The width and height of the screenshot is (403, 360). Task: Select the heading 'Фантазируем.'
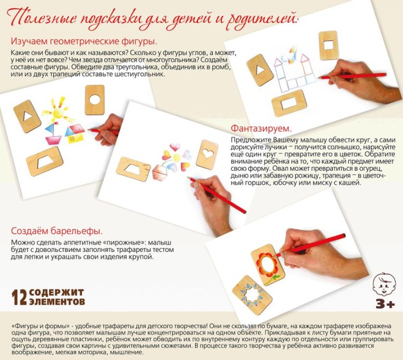[x=261, y=129]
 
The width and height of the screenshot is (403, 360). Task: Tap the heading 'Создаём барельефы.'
[x=56, y=232]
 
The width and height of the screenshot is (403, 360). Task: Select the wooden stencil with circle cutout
[x=95, y=100]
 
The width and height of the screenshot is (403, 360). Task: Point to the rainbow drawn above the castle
[x=291, y=53]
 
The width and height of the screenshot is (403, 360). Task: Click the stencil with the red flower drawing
[x=265, y=263]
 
